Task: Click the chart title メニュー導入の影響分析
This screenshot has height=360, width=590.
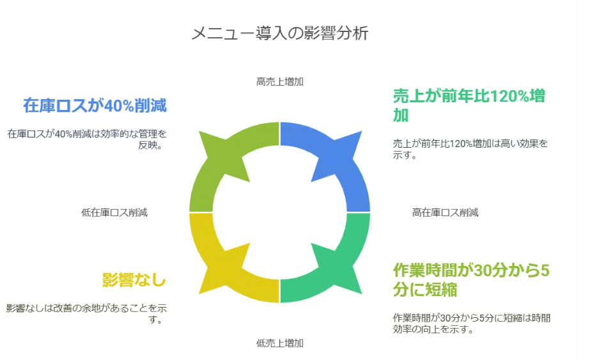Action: pos(280,33)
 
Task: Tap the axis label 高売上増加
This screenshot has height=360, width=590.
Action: pos(279,81)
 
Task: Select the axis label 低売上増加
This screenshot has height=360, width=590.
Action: pos(279,343)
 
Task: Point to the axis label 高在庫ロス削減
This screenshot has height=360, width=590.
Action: pos(445,212)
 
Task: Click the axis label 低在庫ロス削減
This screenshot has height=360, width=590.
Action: pos(114,212)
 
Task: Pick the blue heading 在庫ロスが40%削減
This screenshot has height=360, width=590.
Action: pos(95,106)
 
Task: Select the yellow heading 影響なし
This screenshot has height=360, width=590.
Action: pos(134,280)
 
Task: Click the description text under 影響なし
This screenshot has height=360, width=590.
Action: pos(86,313)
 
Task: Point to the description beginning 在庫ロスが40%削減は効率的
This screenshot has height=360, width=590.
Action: pos(86,139)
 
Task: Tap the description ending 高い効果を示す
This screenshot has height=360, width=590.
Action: pos(470,148)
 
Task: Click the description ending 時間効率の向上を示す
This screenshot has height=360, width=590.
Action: pos(471,323)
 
